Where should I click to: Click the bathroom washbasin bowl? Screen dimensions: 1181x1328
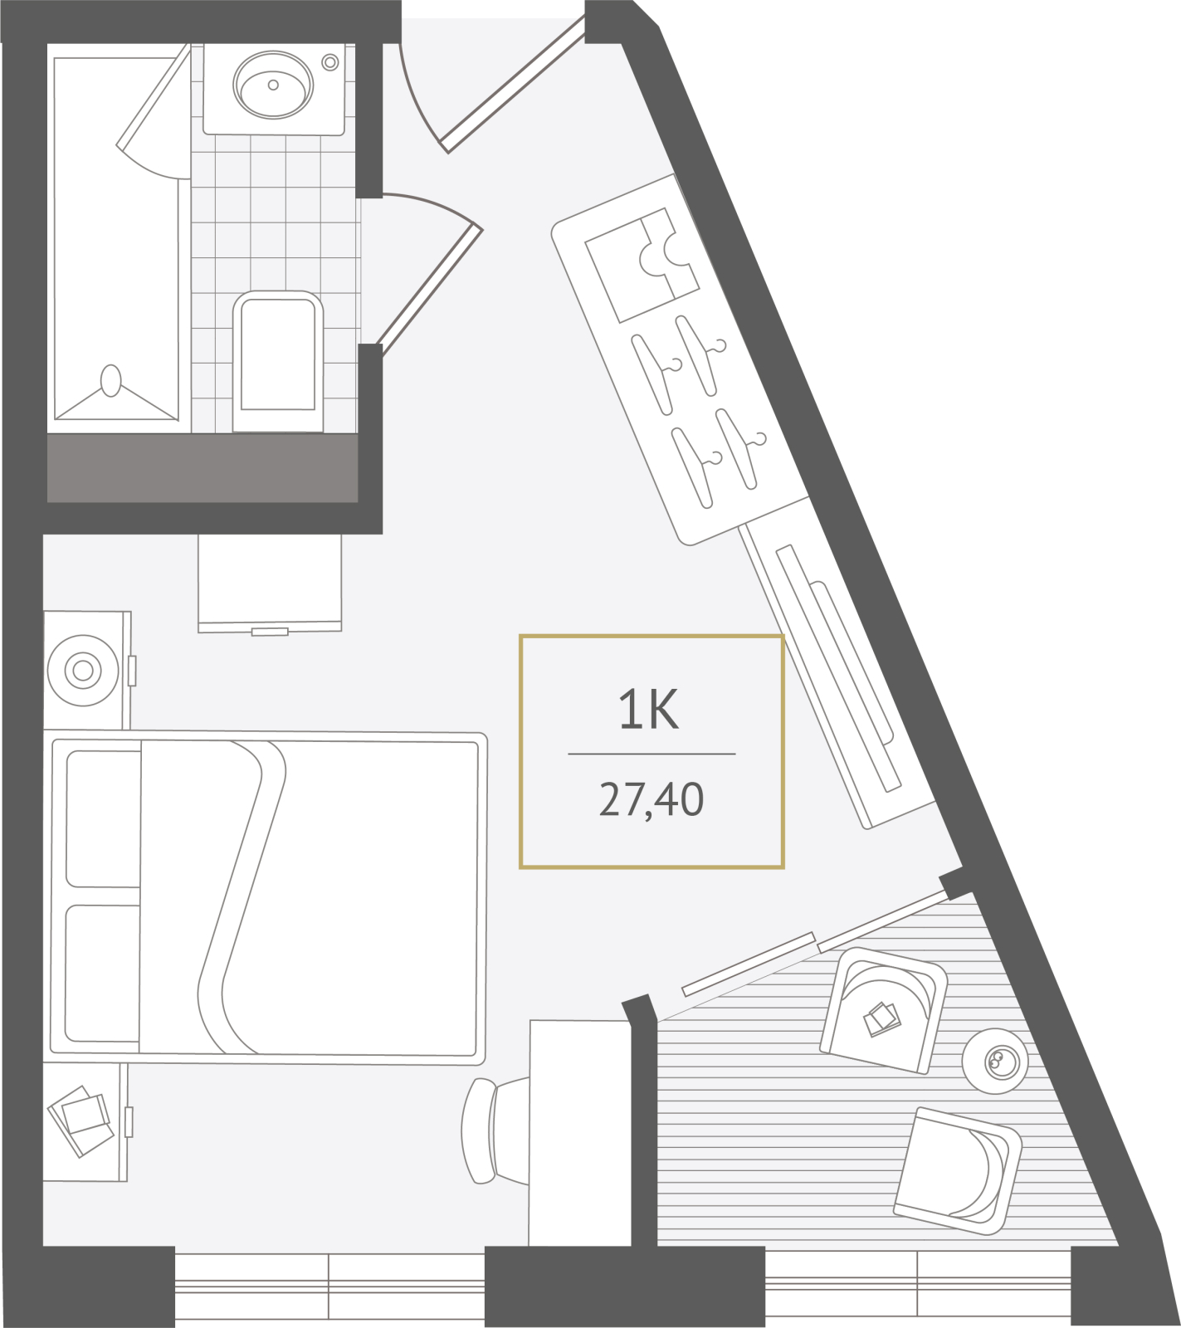click(x=273, y=84)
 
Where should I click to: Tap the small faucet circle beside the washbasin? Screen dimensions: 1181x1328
click(x=330, y=62)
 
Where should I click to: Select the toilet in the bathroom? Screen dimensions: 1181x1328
click(x=278, y=361)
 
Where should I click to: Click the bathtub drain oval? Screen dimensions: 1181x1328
click(x=110, y=381)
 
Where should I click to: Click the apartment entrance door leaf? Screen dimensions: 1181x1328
click(x=515, y=84)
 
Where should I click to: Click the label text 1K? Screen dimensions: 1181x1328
click(x=649, y=710)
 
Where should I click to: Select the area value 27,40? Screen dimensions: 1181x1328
click(x=652, y=800)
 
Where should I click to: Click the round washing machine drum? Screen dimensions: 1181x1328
click(x=83, y=670)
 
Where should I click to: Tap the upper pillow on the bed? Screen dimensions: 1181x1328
click(x=103, y=818)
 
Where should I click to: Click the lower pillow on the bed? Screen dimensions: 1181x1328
click(x=102, y=973)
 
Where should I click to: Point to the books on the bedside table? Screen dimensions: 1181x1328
click(x=81, y=1120)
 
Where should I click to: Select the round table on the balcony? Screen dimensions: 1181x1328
click(x=995, y=1061)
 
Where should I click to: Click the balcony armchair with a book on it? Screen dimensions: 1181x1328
click(x=884, y=1010)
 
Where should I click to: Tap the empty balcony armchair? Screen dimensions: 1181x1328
click(x=958, y=1171)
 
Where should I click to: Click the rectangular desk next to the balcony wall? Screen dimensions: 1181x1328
click(x=580, y=1133)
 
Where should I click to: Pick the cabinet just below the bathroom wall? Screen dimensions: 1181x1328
click(x=270, y=583)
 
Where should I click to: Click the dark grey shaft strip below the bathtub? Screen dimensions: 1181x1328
click(x=203, y=468)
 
